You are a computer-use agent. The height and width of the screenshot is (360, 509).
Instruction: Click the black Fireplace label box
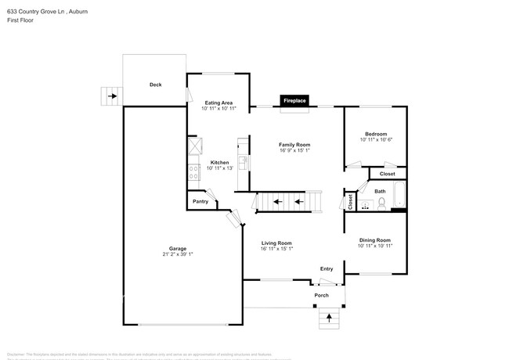coord(294,100)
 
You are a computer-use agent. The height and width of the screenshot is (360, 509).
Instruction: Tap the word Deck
coord(156,85)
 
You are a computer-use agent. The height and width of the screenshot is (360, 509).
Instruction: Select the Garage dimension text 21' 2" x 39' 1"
coord(178,254)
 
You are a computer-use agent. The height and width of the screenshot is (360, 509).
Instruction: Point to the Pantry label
coord(200,202)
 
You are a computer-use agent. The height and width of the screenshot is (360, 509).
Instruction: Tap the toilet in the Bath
coord(381,203)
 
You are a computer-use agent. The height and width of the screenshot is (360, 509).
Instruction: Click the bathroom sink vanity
coord(365,205)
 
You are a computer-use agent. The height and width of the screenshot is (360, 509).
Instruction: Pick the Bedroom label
coord(375,134)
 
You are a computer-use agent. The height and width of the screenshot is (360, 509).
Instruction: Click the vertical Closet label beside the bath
coord(350,201)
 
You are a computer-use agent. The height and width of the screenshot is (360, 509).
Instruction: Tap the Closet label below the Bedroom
coord(387,174)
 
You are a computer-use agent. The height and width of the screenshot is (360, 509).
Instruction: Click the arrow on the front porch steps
coord(329,319)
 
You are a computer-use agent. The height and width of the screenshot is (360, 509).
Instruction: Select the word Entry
coord(327,268)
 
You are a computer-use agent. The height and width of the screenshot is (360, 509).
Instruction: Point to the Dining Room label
coord(374,239)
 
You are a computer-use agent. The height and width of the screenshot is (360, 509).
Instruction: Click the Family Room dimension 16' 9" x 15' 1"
coord(296,151)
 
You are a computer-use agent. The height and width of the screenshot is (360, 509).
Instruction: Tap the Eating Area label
coord(218,103)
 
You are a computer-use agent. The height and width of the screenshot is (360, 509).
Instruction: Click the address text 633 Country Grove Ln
coord(36,5)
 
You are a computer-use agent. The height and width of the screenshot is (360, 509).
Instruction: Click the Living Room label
coord(276,243)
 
